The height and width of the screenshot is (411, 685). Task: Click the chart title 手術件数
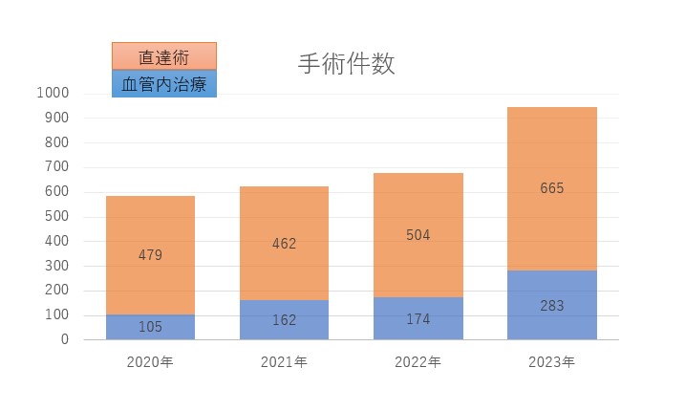(346, 64)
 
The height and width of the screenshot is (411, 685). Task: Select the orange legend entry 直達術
(163, 56)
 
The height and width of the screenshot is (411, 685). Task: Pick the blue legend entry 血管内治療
(163, 83)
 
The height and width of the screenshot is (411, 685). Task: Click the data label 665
(551, 188)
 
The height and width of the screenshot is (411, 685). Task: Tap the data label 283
(551, 306)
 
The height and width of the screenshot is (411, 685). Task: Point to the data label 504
(417, 235)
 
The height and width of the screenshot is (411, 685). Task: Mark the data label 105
(150, 327)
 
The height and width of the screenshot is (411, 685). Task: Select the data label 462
(284, 244)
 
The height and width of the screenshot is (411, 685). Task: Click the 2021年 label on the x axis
(284, 362)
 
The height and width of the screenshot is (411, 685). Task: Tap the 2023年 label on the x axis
(551, 362)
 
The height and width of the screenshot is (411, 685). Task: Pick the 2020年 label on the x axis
(150, 362)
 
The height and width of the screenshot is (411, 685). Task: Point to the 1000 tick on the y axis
(53, 93)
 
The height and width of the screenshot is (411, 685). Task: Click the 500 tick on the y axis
(56, 216)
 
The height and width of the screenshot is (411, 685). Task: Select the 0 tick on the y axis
(65, 339)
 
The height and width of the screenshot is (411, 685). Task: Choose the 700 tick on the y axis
(56, 166)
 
